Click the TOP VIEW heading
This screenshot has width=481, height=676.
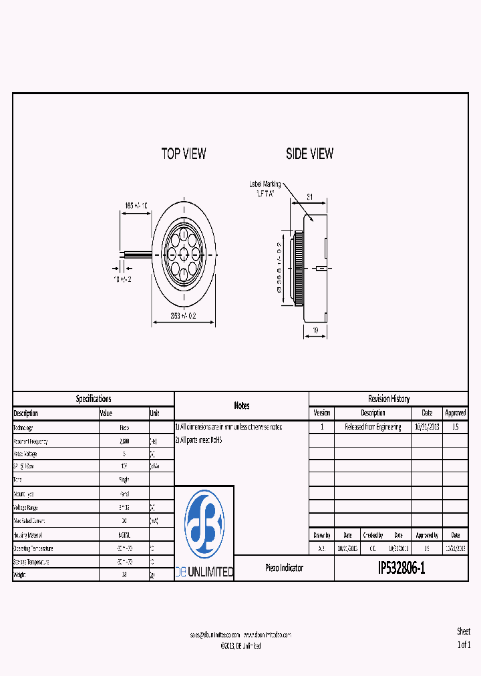pos(184,154)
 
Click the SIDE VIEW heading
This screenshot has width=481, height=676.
pos(309,154)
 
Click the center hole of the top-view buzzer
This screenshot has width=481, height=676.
pos(184,253)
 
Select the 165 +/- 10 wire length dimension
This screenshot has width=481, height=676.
pos(136,206)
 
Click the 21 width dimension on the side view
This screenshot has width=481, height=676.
pos(310,197)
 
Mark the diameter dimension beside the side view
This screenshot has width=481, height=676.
pos(279,268)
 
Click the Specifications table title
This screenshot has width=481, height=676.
pos(94,399)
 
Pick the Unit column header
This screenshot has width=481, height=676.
pos(155,413)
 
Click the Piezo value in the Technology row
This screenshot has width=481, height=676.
pos(124,428)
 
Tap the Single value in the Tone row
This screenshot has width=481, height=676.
pos(124,480)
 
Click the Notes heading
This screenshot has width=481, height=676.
pos(241,405)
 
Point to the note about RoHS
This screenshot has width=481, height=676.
pos(198,440)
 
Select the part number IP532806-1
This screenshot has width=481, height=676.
pos(401,568)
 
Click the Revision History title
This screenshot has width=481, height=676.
pos(389,399)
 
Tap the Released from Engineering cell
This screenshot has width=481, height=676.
pos(373,427)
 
